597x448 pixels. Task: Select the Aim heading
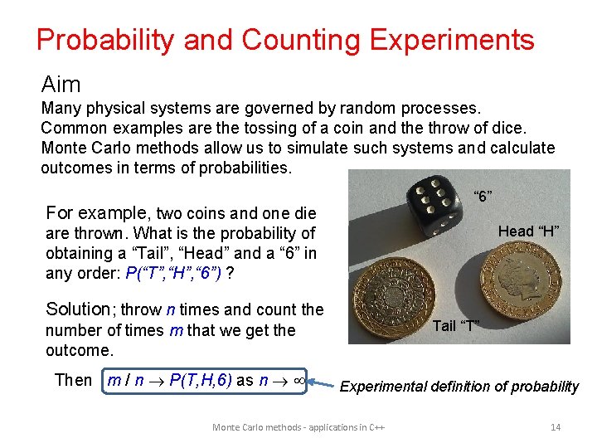tap(61, 84)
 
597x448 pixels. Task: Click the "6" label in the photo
tap(482, 197)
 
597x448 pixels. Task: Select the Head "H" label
tap(528, 231)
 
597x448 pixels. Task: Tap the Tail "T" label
tap(455, 325)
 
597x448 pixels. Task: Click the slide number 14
tap(556, 426)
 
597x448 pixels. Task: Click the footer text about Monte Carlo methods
tap(302, 426)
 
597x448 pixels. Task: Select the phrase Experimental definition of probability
tap(459, 386)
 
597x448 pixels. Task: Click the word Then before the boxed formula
tap(73, 380)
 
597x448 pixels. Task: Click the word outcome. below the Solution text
tap(80, 350)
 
